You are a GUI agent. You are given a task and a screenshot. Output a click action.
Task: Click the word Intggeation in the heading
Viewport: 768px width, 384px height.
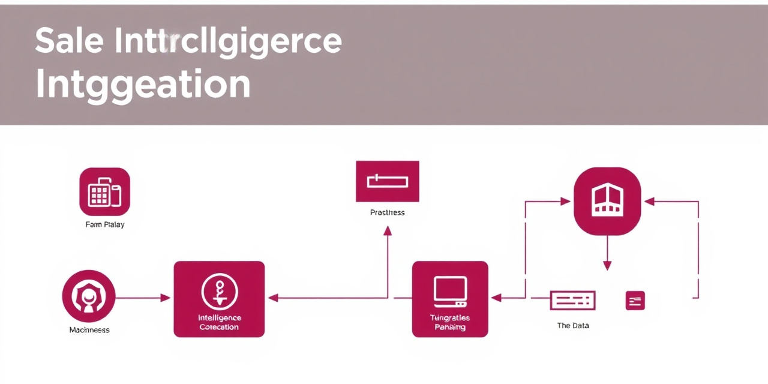coord(143,85)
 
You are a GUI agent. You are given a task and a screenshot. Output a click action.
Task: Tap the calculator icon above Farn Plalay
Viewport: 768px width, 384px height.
coord(104,192)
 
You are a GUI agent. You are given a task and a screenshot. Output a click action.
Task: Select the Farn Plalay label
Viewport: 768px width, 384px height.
coord(105,225)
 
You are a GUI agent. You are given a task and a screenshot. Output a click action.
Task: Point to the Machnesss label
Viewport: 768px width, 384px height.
coord(89,330)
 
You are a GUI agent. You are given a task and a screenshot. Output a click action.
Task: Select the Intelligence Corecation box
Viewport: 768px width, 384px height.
coord(219,299)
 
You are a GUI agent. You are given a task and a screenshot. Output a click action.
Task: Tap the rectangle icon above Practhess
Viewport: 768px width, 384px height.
coord(388,181)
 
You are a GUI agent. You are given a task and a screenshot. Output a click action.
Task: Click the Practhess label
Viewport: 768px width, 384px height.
coord(388,212)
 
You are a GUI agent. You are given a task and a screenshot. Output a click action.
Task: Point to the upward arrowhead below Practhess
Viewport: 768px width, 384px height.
coord(388,230)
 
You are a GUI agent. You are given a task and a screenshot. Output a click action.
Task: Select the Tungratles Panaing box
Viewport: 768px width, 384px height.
coord(450,299)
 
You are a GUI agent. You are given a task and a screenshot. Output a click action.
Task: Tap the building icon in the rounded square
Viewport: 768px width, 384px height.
coord(607,201)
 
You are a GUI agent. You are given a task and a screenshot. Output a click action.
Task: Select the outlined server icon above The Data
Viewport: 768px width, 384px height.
coord(572,301)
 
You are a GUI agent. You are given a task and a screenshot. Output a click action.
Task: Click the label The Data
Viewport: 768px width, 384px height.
coord(573,326)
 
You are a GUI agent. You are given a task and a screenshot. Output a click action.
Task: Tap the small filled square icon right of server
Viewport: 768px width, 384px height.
coord(635,301)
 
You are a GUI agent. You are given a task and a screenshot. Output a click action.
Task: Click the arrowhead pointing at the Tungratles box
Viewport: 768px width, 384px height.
coord(496,298)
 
